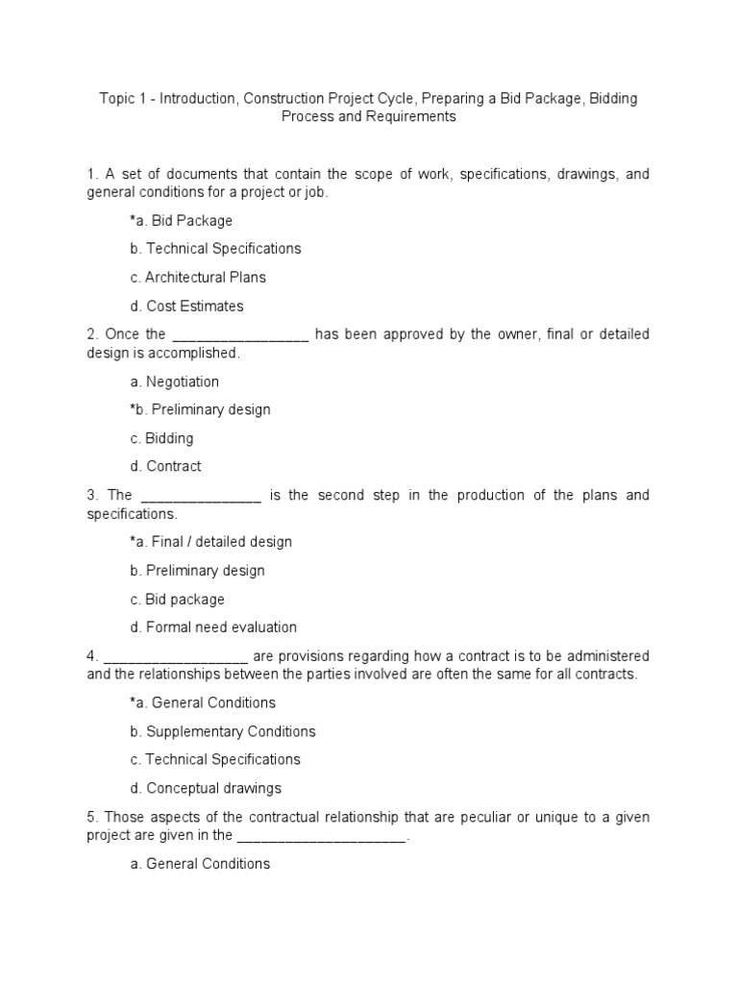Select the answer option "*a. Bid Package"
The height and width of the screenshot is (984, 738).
181,221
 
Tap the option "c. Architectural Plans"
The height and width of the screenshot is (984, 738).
198,278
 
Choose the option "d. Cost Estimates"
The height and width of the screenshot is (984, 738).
186,307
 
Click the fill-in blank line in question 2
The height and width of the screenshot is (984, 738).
239,334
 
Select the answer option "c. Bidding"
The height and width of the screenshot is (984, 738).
161,438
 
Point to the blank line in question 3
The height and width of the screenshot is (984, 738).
201,496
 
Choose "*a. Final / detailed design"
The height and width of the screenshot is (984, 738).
210,542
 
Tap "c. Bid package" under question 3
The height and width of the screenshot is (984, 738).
177,600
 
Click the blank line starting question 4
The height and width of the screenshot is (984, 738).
176,657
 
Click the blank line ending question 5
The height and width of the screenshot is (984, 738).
321,836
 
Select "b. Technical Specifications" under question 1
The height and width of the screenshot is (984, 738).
215,249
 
